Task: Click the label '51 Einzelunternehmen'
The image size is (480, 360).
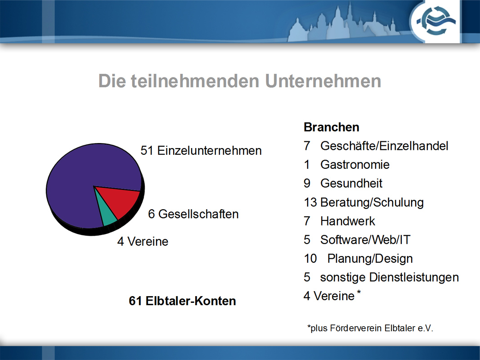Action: point(201,151)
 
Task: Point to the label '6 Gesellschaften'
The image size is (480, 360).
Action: point(193,214)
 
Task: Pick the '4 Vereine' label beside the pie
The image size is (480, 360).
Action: point(143,242)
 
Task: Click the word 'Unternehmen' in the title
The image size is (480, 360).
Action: point(323,81)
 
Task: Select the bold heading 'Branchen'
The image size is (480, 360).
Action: point(331,127)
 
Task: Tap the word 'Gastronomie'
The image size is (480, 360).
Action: point(355,165)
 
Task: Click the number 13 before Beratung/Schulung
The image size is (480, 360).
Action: point(310,202)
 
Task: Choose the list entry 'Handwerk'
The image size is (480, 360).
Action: point(347,221)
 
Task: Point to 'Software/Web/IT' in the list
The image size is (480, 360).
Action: point(365,240)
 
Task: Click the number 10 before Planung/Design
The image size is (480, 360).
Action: point(310,259)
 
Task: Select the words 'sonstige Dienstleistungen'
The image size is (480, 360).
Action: point(390,277)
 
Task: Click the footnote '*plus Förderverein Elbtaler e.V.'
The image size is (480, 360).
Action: point(370,328)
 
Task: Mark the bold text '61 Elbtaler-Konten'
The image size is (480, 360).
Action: point(182,301)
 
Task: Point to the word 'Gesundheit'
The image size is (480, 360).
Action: point(351,183)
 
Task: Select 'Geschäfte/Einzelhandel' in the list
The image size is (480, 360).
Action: point(384,146)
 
